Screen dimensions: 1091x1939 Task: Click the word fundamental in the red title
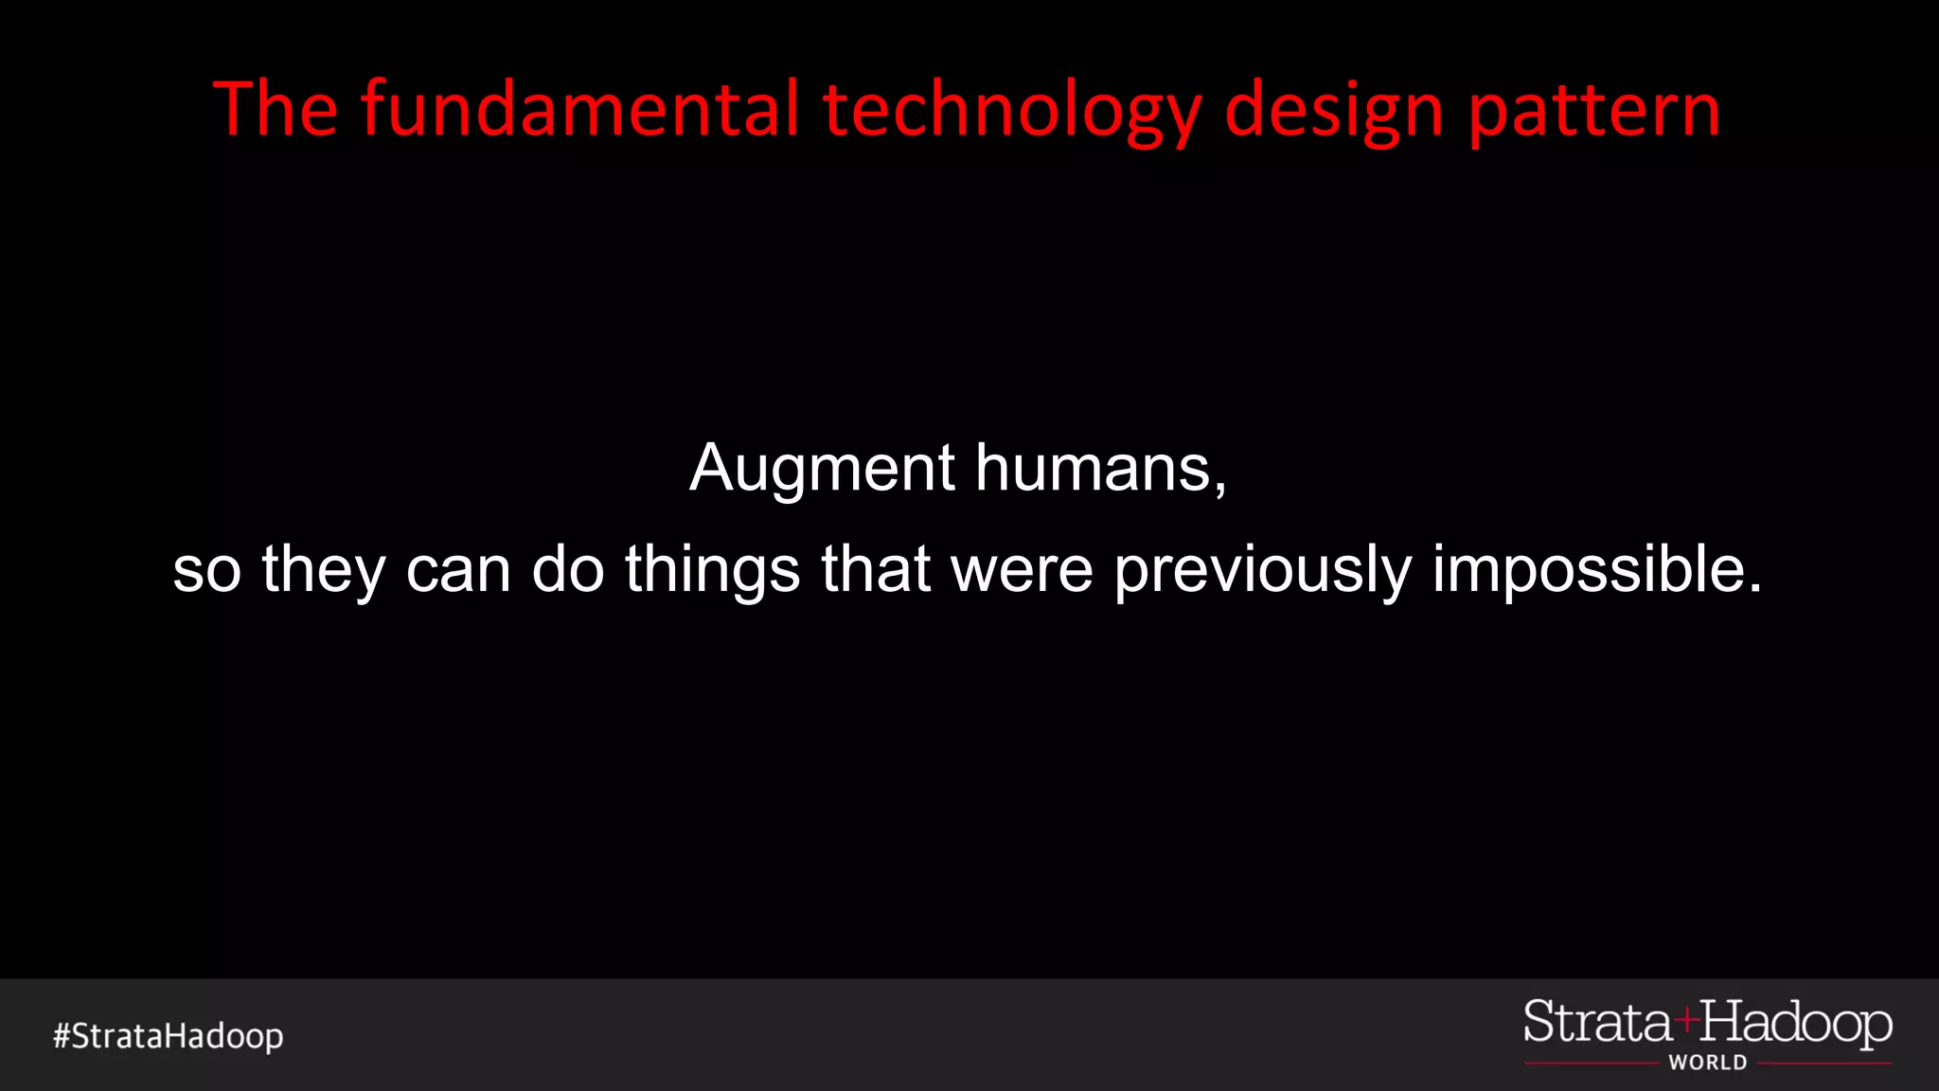click(579, 110)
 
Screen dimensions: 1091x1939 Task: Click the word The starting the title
click(276, 110)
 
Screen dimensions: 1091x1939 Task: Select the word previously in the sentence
click(1263, 570)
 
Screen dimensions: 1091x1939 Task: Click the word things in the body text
click(712, 570)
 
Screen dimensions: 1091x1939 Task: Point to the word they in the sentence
click(323, 570)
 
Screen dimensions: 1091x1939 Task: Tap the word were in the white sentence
click(1022, 570)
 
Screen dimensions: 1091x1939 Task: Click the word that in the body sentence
click(876, 570)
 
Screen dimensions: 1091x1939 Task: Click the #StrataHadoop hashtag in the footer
click(169, 1036)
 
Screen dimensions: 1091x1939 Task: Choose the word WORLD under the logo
click(1708, 1063)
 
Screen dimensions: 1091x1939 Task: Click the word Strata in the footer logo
click(1598, 1024)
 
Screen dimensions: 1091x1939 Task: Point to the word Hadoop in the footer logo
click(1796, 1024)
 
